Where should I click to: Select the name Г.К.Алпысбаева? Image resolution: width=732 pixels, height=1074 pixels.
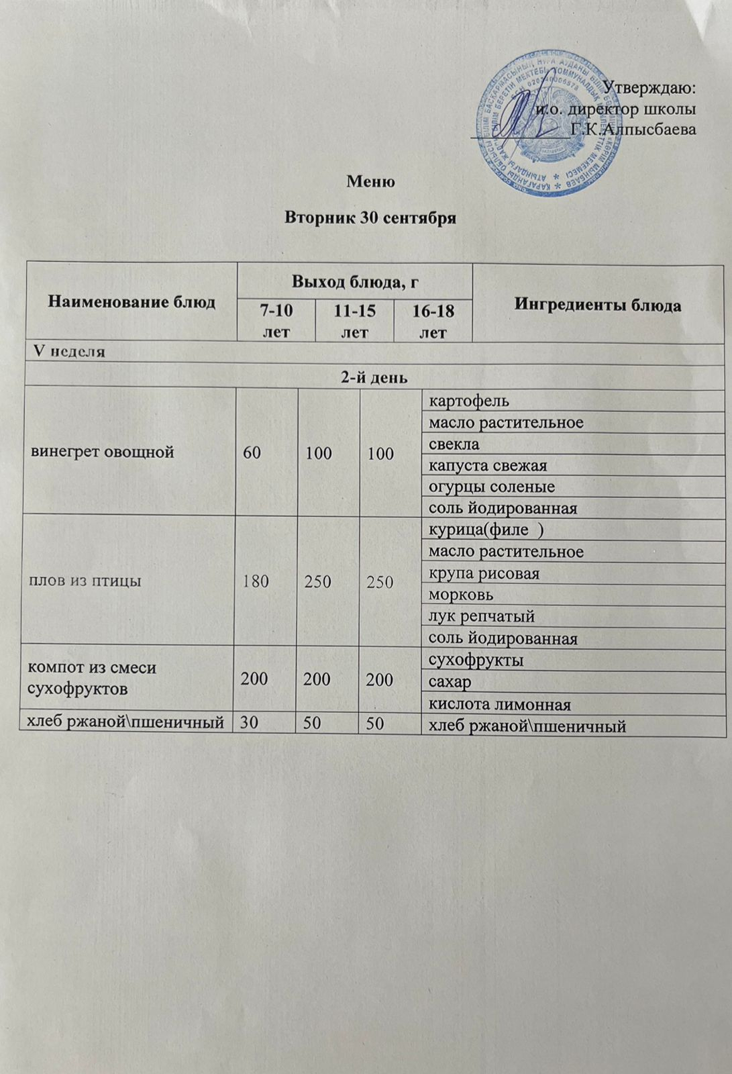coord(633,129)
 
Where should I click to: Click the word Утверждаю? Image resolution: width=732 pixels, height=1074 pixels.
coord(649,87)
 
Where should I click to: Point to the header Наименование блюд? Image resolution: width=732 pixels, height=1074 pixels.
coord(132,302)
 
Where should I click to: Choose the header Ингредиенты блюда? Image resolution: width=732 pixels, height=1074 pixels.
coord(598,305)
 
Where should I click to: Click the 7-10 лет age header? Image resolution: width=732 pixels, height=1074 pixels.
coord(277,321)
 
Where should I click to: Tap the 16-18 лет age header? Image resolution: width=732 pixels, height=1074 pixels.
coord(433,321)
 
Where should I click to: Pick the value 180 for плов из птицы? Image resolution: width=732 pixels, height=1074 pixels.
coord(256,581)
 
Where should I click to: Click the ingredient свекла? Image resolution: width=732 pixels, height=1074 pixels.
coord(454,444)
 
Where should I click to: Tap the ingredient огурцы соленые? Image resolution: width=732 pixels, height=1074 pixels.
coord(492,487)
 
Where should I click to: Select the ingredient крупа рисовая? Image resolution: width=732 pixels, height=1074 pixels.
coord(484,574)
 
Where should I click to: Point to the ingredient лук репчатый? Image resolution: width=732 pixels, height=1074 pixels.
coord(481,616)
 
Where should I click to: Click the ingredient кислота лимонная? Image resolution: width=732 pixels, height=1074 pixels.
coord(499,704)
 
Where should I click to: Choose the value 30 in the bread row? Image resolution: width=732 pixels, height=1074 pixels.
coord(250,724)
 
